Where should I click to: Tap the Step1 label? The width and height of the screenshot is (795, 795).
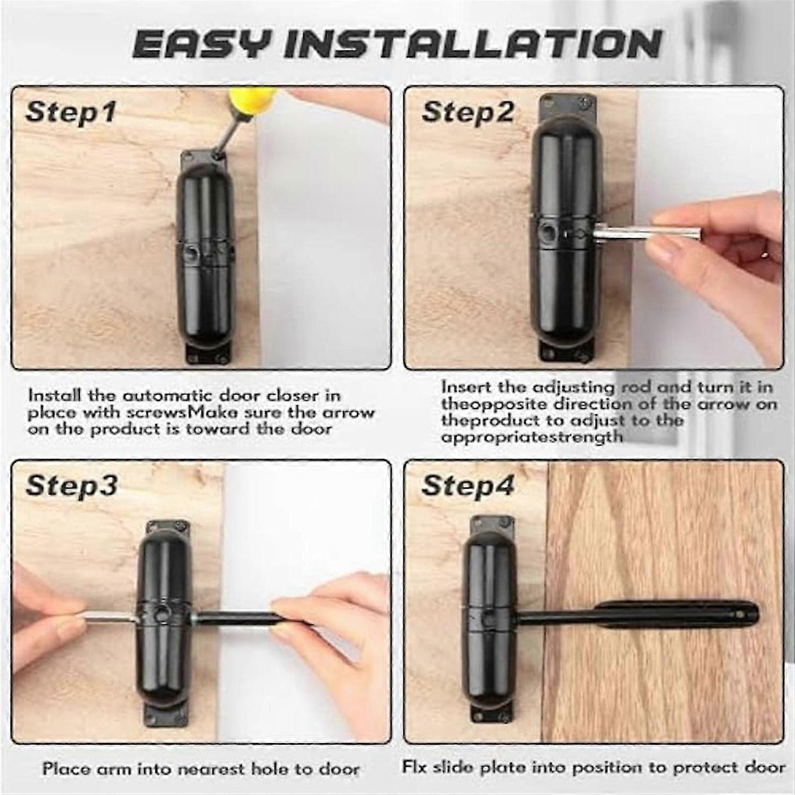(70, 112)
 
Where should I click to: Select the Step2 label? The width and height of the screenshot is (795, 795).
(468, 112)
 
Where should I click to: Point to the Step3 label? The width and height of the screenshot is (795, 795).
(72, 485)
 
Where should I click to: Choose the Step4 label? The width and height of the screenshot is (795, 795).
(468, 485)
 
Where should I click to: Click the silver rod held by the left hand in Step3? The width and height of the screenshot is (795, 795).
(109, 619)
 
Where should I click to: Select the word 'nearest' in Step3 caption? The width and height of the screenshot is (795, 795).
(208, 768)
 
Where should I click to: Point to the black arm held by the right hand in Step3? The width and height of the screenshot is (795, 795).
(238, 617)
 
